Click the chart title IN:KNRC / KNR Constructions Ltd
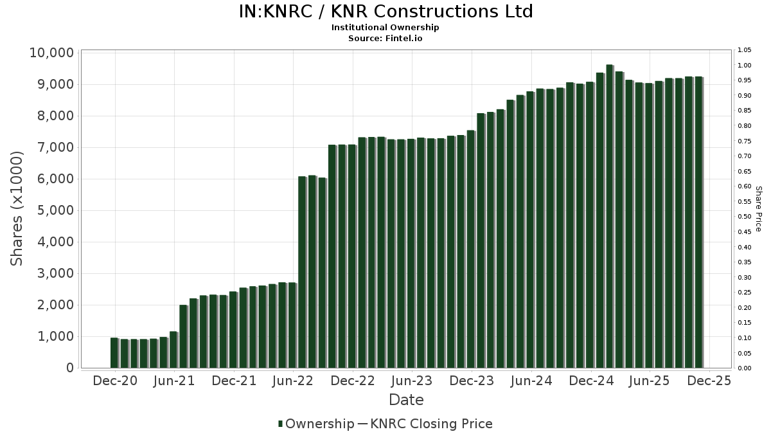click(385, 12)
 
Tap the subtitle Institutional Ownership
click(385, 28)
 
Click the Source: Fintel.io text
click(385, 38)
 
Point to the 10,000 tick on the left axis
click(51, 53)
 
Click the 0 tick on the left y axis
click(69, 368)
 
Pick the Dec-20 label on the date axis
click(115, 381)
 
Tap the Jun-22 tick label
click(293, 381)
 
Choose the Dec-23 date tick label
click(471, 381)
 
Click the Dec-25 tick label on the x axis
click(709, 381)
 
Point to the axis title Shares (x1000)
click(17, 208)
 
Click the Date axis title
click(406, 400)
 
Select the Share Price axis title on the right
click(758, 208)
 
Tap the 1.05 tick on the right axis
click(745, 50)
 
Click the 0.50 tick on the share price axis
click(745, 217)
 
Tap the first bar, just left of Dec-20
click(114, 352)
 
